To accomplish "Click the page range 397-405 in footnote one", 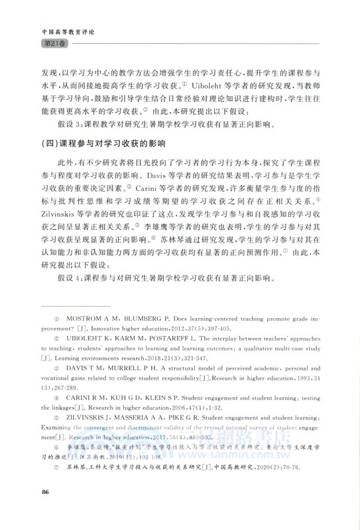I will [x=251, y=327].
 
